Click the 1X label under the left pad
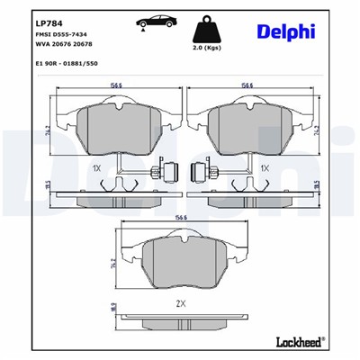[x=96, y=168]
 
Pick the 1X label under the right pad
[x=265, y=168]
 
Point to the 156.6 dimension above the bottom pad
[x=180, y=219]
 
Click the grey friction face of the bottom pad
[x=180, y=261]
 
